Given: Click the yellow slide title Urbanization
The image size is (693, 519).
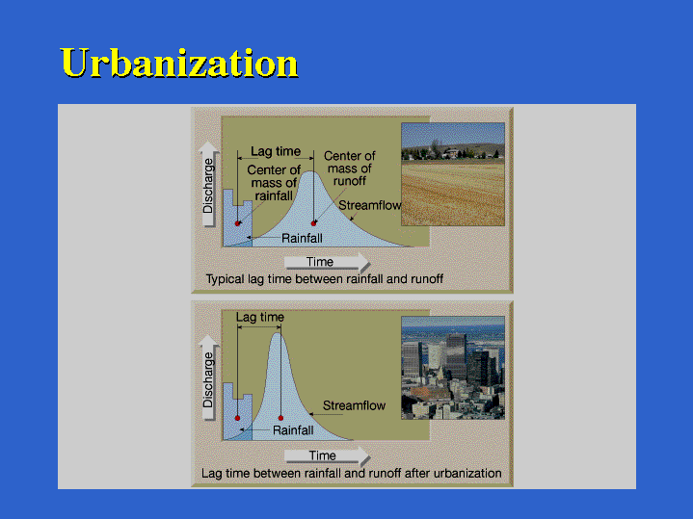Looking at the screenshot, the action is point(179,63).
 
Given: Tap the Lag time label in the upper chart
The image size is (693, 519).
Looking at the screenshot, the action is point(276,151).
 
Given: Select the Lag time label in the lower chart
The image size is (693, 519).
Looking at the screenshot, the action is point(260,317).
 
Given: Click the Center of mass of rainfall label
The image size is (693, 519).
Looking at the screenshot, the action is point(274,183).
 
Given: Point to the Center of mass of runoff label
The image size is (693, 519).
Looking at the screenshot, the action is point(349,169).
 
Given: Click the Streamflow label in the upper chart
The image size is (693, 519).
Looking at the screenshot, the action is point(369,205).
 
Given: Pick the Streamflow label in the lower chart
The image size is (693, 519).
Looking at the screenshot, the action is point(354,405).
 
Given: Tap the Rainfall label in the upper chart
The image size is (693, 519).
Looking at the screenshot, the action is point(302,239).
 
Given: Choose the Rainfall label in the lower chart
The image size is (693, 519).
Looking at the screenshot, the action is point(293,430).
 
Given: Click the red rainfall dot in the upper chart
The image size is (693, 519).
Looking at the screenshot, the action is point(237,223).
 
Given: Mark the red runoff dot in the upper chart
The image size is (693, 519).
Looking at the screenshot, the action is point(313,223).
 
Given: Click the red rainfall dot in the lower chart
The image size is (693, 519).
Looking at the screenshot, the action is point(237,418).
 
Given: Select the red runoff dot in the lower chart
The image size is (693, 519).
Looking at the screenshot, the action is point(280,418).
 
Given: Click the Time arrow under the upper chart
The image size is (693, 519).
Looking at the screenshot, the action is point(327,262).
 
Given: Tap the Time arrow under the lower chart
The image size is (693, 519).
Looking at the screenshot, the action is point(327,455).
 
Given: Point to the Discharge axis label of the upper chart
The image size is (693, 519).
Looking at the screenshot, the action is point(208,186).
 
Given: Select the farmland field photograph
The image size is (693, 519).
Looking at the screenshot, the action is point(453,174).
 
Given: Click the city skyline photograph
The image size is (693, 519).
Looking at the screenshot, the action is point(453,368).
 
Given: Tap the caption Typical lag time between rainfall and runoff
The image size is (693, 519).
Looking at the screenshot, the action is point(325,279).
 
